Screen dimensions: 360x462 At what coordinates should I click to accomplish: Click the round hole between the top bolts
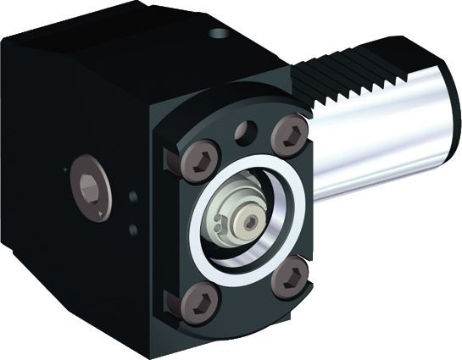click(247, 132)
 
